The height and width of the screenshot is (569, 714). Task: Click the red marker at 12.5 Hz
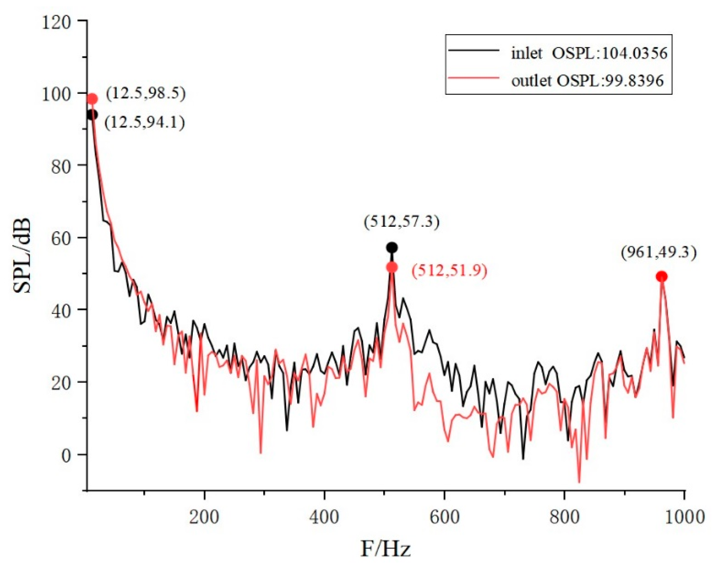[x=92, y=99]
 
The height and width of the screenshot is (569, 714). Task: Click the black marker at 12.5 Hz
[x=92, y=115]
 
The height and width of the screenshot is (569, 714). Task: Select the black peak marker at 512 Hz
[x=392, y=248]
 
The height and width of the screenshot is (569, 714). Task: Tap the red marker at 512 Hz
[x=392, y=267]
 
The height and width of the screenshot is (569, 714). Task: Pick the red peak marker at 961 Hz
[x=662, y=277]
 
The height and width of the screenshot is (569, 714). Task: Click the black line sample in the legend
[x=474, y=50]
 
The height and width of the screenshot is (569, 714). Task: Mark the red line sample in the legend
[x=474, y=78]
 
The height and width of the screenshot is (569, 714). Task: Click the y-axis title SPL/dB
[x=22, y=256]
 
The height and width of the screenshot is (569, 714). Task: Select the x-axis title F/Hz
[x=386, y=549]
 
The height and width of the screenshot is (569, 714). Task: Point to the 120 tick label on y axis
[x=56, y=23]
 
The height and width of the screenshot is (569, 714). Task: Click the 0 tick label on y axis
[x=65, y=456]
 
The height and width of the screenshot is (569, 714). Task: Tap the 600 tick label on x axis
[x=444, y=517]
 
